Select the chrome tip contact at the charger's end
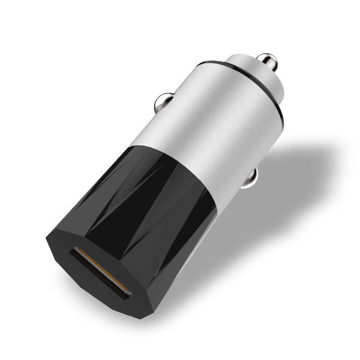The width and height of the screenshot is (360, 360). click(x=268, y=62)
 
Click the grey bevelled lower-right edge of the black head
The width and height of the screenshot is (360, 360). click(x=180, y=270)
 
